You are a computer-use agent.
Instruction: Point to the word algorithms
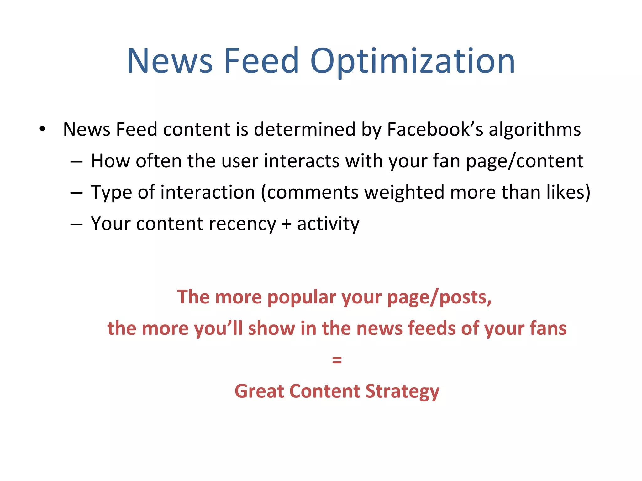coord(534,130)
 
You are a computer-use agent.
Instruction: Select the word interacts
coord(302,161)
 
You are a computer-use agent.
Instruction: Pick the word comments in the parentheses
coord(313,192)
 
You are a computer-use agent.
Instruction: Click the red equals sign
coord(337,360)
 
